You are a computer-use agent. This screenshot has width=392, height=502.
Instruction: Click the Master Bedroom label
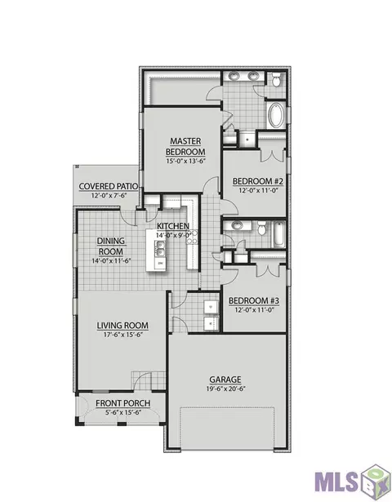[185, 146]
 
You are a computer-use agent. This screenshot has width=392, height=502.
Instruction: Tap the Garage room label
[225, 380]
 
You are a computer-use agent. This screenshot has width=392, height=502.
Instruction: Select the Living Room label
[122, 326]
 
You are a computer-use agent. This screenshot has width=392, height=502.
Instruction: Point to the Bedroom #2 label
[258, 181]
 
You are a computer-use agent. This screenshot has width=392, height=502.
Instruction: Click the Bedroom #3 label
[254, 301]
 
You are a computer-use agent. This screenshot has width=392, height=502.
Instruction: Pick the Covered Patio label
[109, 186]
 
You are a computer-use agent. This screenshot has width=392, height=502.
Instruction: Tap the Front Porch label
[123, 403]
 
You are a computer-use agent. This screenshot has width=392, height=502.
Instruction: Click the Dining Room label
[111, 247]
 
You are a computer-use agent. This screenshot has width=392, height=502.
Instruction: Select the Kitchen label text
[173, 226]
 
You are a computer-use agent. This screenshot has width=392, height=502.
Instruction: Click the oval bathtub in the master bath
[275, 115]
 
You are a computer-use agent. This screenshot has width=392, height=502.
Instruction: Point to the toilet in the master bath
[276, 79]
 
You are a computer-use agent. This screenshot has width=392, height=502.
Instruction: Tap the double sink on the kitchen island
[160, 249]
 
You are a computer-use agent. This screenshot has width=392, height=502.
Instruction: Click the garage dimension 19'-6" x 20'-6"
[225, 389]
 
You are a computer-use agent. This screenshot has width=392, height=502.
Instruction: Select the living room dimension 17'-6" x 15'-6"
[122, 335]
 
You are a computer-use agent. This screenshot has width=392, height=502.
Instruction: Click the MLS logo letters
[336, 482]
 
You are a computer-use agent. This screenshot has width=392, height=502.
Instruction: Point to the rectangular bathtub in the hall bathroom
[278, 234]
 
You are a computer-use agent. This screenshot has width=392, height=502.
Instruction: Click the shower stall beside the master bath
[247, 140]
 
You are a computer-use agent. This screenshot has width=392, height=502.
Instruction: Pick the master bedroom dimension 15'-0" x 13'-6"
[185, 161]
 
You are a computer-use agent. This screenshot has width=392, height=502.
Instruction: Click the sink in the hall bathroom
[237, 225]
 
